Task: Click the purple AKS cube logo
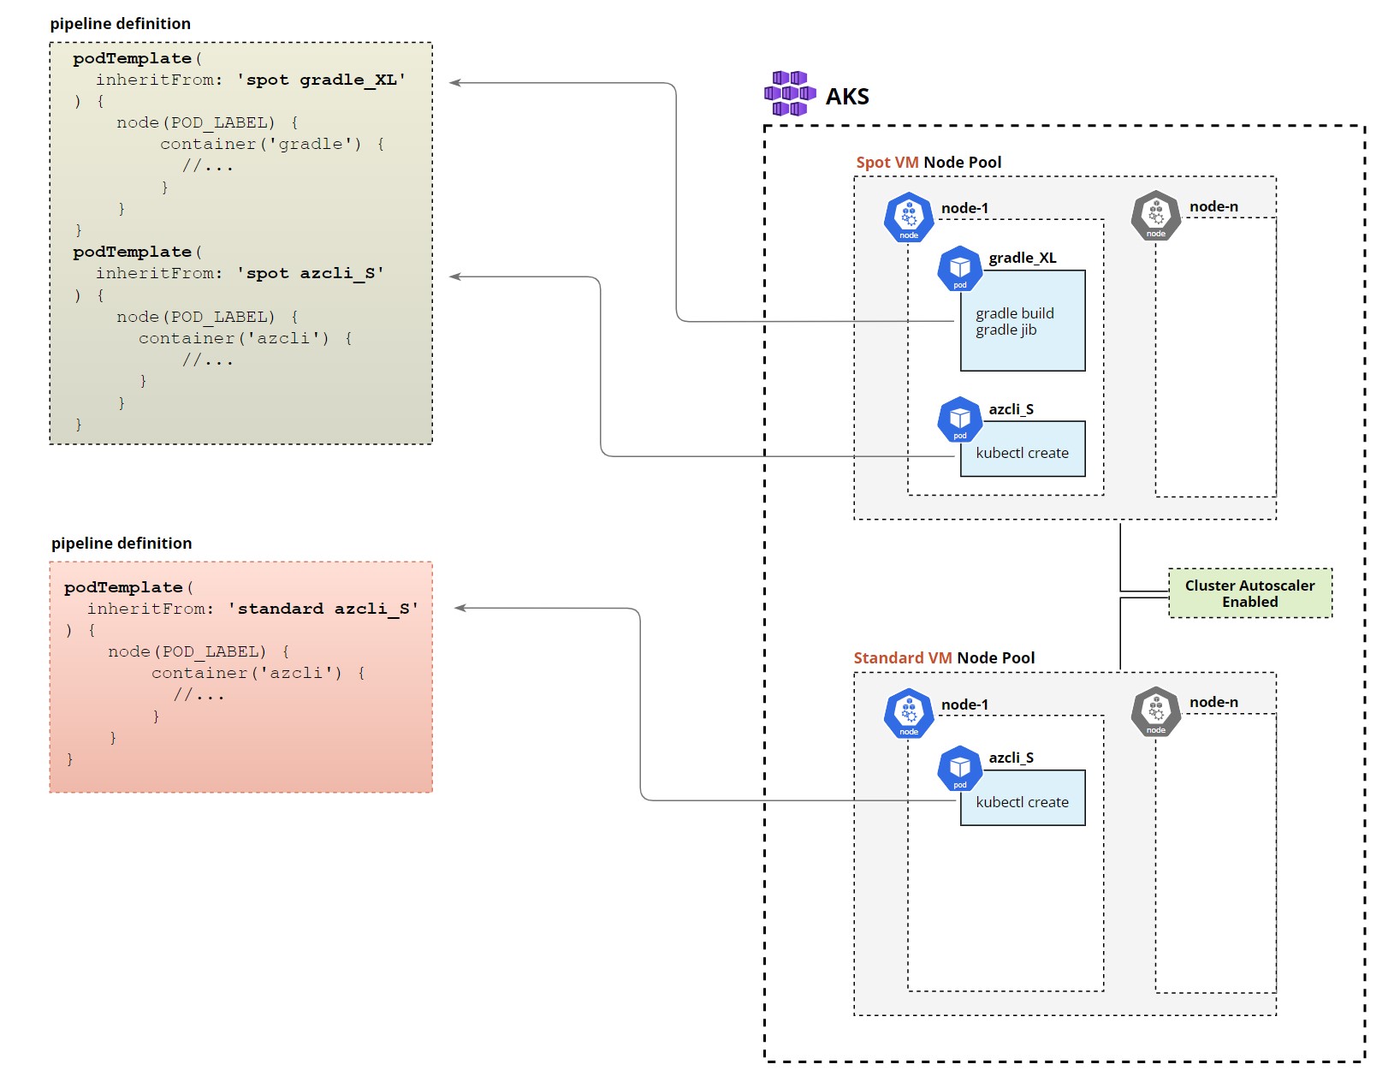(789, 94)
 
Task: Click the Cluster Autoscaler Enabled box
(1249, 593)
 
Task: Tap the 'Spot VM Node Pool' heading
(928, 163)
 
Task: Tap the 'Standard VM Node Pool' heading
(943, 658)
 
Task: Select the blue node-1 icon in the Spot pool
(908, 217)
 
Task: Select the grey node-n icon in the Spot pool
(1155, 216)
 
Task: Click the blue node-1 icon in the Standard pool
(908, 713)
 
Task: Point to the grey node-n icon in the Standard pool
(1155, 712)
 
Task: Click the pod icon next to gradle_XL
(959, 269)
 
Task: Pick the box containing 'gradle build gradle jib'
(1023, 322)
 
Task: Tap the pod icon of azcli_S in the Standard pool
(959, 769)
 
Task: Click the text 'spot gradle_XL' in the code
(321, 80)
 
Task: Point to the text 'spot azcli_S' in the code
(310, 274)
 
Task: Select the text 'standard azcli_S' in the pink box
(323, 609)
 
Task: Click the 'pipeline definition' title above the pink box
(122, 544)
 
